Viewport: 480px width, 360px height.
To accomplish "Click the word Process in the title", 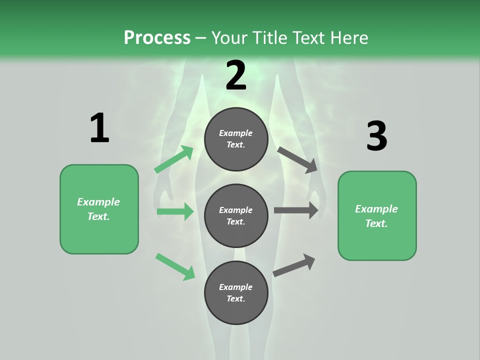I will [157, 37].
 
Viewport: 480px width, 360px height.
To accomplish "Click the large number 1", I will [99, 128].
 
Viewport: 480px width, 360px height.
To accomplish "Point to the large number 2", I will [236, 75].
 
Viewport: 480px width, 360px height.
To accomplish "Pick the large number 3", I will [376, 136].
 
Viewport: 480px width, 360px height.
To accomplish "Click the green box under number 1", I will [99, 209].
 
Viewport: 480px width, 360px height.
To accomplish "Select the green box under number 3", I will [377, 216].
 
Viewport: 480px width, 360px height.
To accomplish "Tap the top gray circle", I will [236, 139].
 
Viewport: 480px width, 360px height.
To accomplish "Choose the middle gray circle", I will [236, 216].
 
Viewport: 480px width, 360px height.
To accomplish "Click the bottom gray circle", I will [236, 292].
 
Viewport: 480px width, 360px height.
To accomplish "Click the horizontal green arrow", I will [175, 211].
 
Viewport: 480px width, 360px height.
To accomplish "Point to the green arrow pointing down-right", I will [175, 266].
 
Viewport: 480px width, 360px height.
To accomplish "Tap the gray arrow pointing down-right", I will [297, 159].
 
